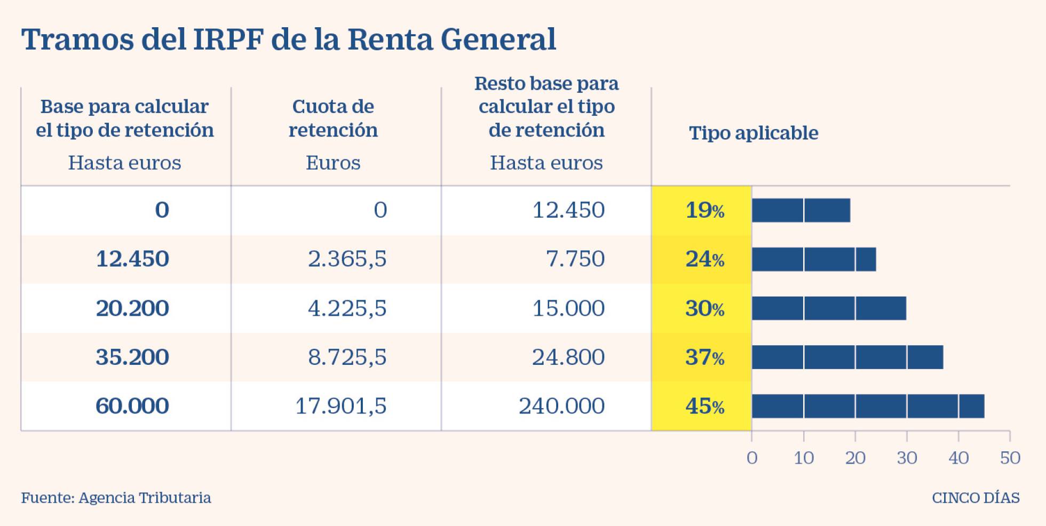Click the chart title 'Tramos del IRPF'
(x=288, y=39)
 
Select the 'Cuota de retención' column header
(x=333, y=118)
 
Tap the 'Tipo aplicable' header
(x=753, y=133)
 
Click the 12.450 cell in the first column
(x=132, y=259)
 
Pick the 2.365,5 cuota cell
(x=347, y=259)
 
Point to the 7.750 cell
(x=575, y=259)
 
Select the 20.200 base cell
(x=132, y=308)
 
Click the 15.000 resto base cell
(x=568, y=308)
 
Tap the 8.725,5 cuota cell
(x=347, y=357)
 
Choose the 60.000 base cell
(x=132, y=407)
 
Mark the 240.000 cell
(x=561, y=407)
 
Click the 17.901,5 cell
(x=340, y=407)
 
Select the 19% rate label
(x=704, y=211)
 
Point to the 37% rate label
(x=704, y=357)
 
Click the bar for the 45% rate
(x=868, y=407)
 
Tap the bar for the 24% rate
(x=814, y=259)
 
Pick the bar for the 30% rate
(x=829, y=308)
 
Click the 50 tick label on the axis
(x=1010, y=458)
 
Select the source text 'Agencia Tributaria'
(x=145, y=498)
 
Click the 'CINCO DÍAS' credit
(x=976, y=498)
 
